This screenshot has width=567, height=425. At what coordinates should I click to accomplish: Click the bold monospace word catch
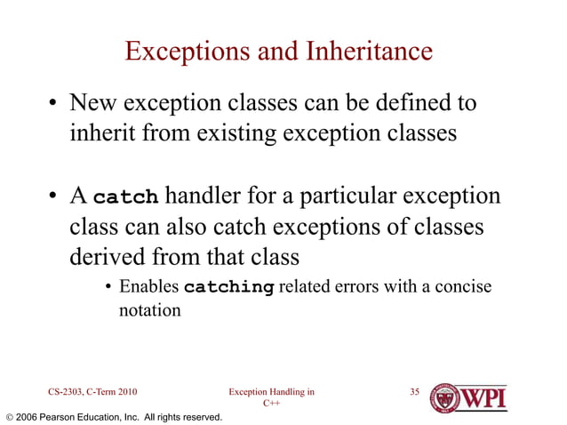pyautogui.click(x=125, y=196)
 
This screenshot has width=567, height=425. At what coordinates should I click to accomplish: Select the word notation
pyautogui.click(x=149, y=310)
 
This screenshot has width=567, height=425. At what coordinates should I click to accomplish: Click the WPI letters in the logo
pyautogui.click(x=483, y=396)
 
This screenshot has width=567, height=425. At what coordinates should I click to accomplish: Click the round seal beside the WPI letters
pyautogui.click(x=443, y=397)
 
